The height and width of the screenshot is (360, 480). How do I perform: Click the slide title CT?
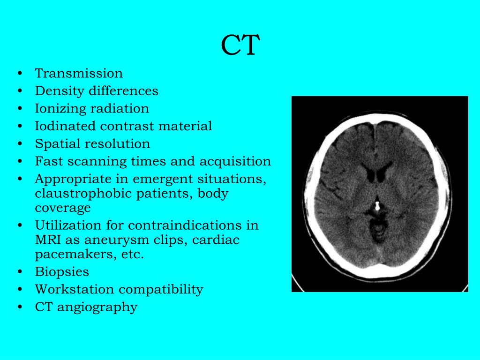pos(240,45)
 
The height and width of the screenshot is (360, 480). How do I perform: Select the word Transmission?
pos(79,73)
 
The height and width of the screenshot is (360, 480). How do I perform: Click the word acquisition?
pos(235,162)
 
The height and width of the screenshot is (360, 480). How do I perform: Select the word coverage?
pos(63,208)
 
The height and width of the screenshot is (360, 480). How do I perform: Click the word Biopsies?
pos(62,272)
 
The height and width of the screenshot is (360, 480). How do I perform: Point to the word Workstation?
pos(75,289)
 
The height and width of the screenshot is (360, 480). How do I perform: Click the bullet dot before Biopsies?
pos(20,272)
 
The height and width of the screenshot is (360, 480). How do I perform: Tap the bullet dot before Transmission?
pos(20,74)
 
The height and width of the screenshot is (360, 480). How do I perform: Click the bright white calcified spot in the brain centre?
pos(377,205)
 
